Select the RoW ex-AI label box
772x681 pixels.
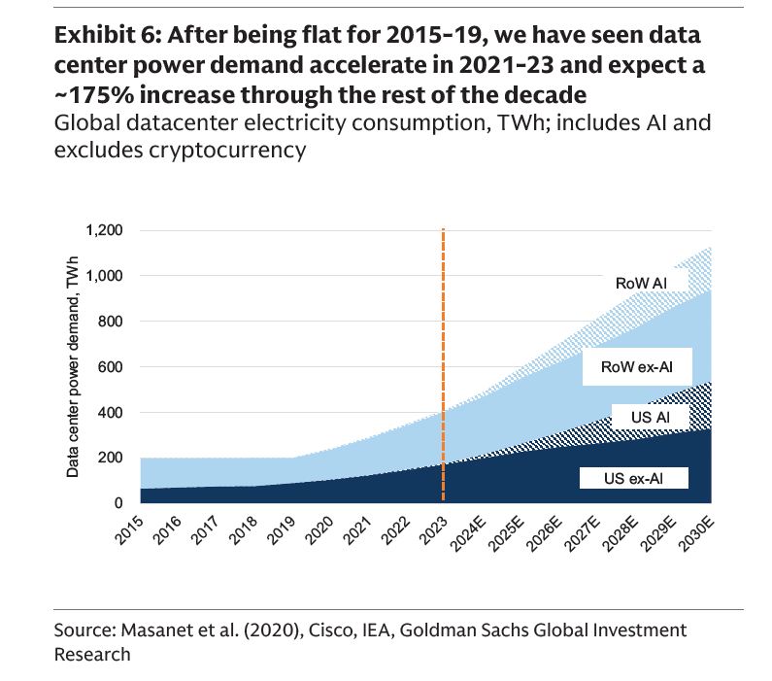638,366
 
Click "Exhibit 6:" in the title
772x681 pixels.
105,36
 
